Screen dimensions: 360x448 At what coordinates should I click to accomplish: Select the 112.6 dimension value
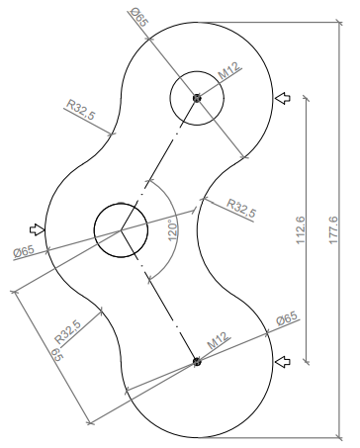coord(300,229)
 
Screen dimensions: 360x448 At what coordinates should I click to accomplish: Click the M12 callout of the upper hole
coord(229,72)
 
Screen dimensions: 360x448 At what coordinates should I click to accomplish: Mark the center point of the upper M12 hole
coord(198,98)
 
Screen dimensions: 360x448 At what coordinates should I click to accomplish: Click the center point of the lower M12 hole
coord(198,362)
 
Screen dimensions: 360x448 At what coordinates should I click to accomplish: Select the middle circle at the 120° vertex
coord(121,230)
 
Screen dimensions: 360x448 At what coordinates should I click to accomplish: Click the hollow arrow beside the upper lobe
coord(283,98)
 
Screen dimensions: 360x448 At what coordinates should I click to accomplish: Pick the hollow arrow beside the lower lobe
coord(283,362)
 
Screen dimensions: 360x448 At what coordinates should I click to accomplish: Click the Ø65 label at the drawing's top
coord(138,17)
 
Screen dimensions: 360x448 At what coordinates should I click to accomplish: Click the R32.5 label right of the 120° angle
coord(241,207)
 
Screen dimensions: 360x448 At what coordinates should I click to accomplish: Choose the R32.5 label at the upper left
coord(80,108)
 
